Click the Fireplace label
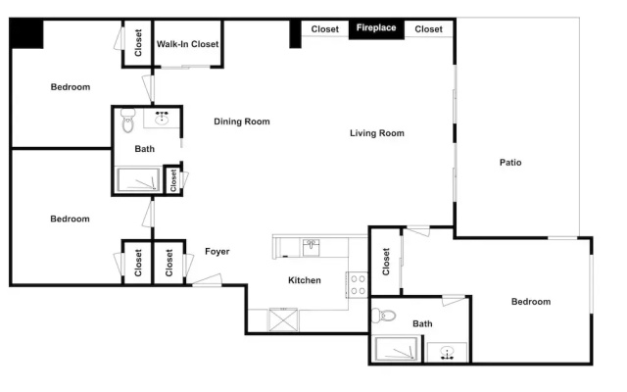click(376, 27)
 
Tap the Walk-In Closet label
click(187, 44)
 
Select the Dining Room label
click(242, 122)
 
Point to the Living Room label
click(376, 133)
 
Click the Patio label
click(510, 163)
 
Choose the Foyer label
click(217, 252)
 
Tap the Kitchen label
click(305, 280)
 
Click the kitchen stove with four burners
click(357, 285)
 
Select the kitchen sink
click(311, 248)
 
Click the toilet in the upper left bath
click(128, 121)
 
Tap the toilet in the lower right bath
click(383, 316)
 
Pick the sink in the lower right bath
click(447, 353)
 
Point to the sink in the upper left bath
click(162, 118)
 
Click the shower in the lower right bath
click(396, 349)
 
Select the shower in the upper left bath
click(138, 179)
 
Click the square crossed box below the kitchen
click(283, 319)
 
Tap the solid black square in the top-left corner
click(26, 34)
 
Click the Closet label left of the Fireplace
click(324, 29)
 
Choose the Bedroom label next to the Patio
click(531, 302)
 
